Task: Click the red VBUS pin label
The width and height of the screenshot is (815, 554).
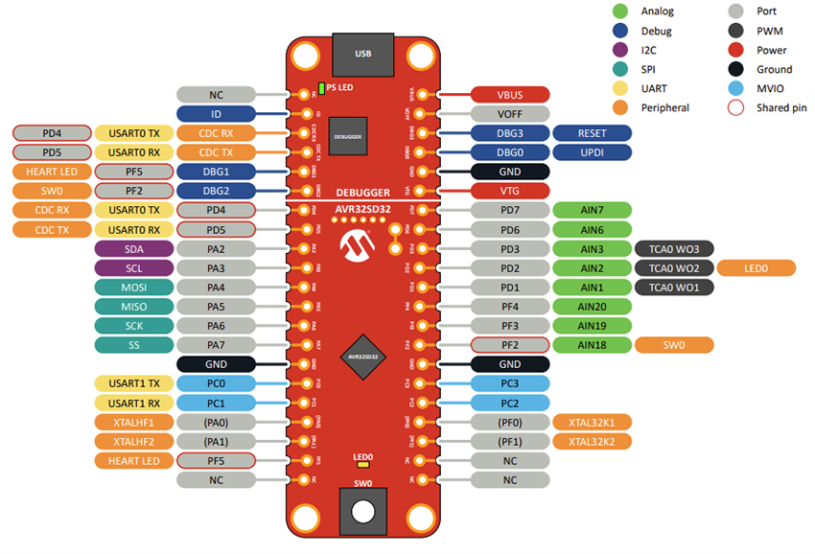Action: coord(509,95)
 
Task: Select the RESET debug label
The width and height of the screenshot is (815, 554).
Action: coord(592,133)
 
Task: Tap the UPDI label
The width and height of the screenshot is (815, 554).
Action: coord(592,152)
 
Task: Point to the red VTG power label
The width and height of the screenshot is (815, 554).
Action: coord(509,191)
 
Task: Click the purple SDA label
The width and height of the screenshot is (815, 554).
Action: coord(134,248)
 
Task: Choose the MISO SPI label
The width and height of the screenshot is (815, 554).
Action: coord(134,307)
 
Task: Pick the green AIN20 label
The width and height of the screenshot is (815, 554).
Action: coord(592,307)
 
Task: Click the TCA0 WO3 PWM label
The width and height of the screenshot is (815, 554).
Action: coord(673,248)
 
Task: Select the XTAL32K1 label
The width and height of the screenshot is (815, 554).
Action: coord(592,422)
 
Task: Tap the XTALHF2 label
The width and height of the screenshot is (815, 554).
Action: coord(134,441)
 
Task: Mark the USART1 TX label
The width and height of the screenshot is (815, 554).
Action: coord(134,383)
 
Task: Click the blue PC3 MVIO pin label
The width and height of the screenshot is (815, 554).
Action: coord(509,383)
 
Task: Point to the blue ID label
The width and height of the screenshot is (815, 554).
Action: coord(216,114)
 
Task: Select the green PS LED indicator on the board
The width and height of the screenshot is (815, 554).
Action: coord(321,87)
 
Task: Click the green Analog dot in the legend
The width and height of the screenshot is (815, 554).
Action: coord(620,12)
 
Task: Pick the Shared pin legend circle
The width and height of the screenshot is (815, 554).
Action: coord(735,107)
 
